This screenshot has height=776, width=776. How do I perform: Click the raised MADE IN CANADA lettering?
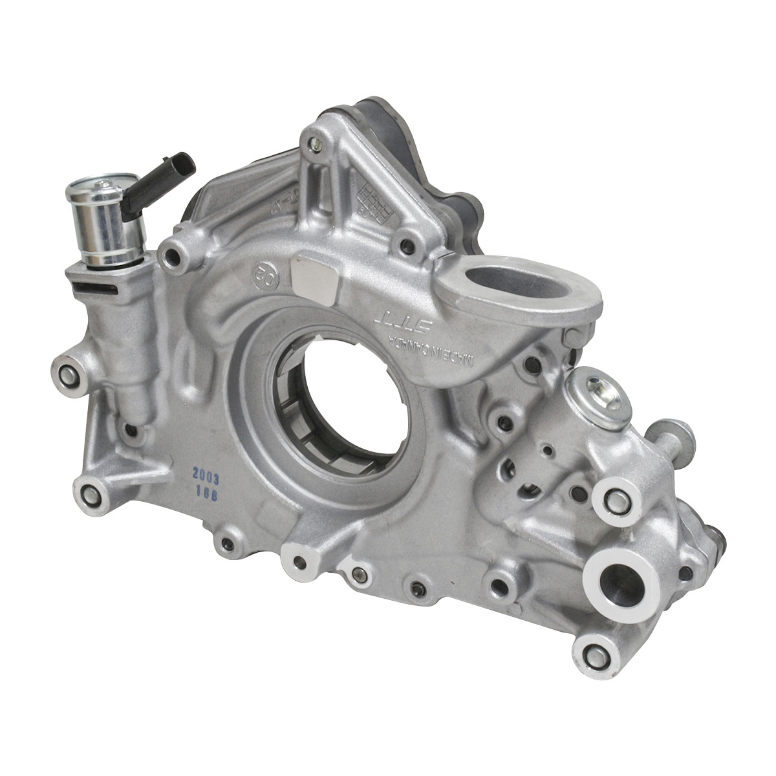coord(440,349)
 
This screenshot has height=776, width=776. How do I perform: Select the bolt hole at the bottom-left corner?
coord(91,495)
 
